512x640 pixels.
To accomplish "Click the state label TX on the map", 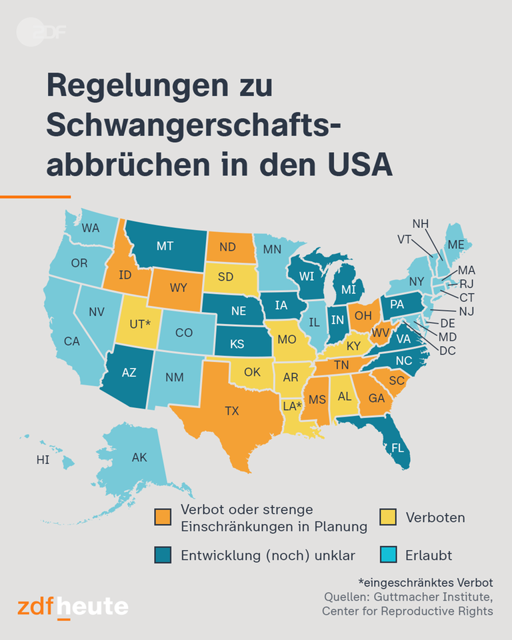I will [231, 411].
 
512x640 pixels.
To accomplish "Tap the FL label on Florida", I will [398, 448].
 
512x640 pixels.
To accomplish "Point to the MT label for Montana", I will [165, 246].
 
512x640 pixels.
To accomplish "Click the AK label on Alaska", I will [139, 457].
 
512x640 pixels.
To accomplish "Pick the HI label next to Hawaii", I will [43, 460].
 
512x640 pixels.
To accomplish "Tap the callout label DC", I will [448, 350].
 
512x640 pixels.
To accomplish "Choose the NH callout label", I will [420, 223].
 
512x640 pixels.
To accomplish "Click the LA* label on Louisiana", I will [291, 405].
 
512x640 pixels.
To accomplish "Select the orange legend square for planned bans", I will [163, 517].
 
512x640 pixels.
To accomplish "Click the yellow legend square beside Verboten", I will [388, 517].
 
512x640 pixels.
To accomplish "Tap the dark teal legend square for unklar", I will [163, 555].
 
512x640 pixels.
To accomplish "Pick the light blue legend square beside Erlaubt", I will [388, 555].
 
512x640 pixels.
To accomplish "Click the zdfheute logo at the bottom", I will [73, 607].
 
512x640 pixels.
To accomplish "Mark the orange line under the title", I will [35, 197].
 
